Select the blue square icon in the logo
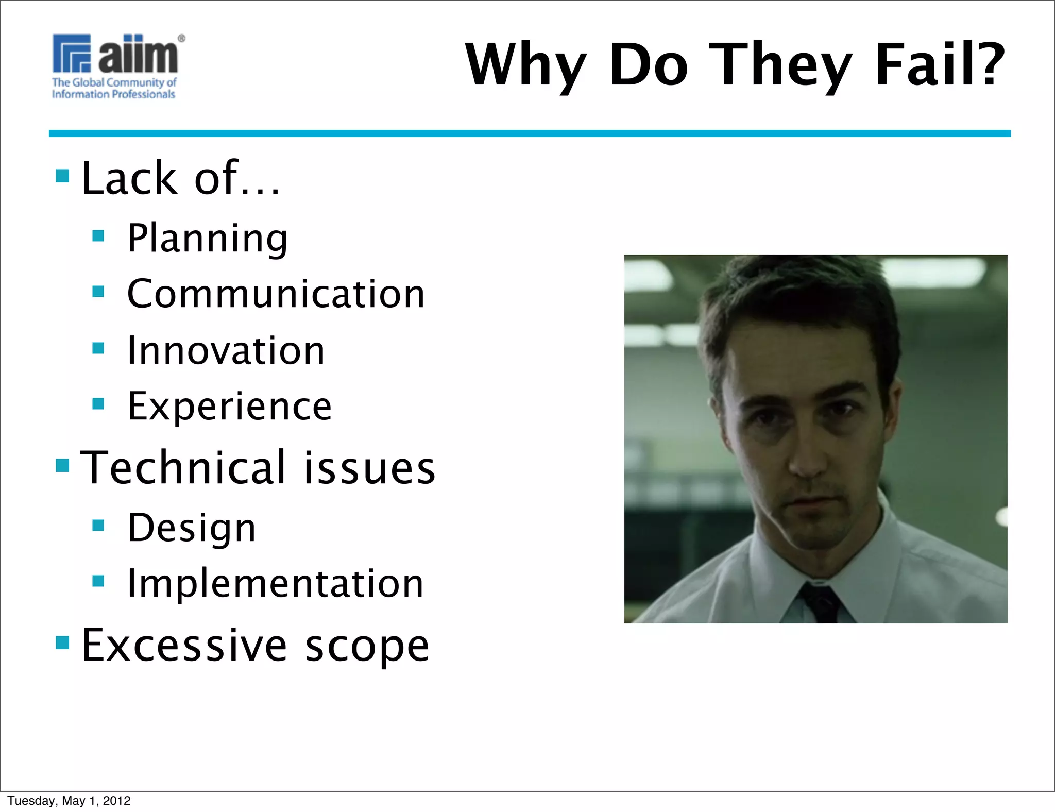[72, 53]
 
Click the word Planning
[208, 238]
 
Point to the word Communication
[276, 294]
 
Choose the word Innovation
[226, 350]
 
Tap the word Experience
[230, 407]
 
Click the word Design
[192, 528]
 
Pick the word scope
[367, 646]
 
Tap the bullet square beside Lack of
[62, 176]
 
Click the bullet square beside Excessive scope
[62, 642]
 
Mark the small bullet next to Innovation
[98, 348]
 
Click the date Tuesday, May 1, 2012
[69, 800]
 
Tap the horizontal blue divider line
[530, 133]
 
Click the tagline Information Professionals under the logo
[113, 94]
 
